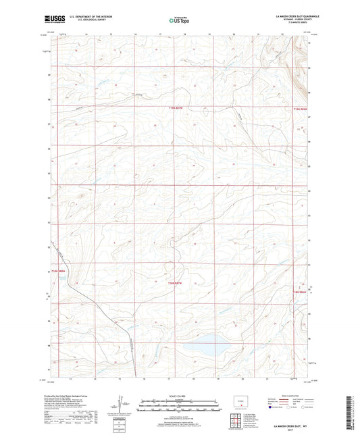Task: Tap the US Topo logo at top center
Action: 179,21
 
